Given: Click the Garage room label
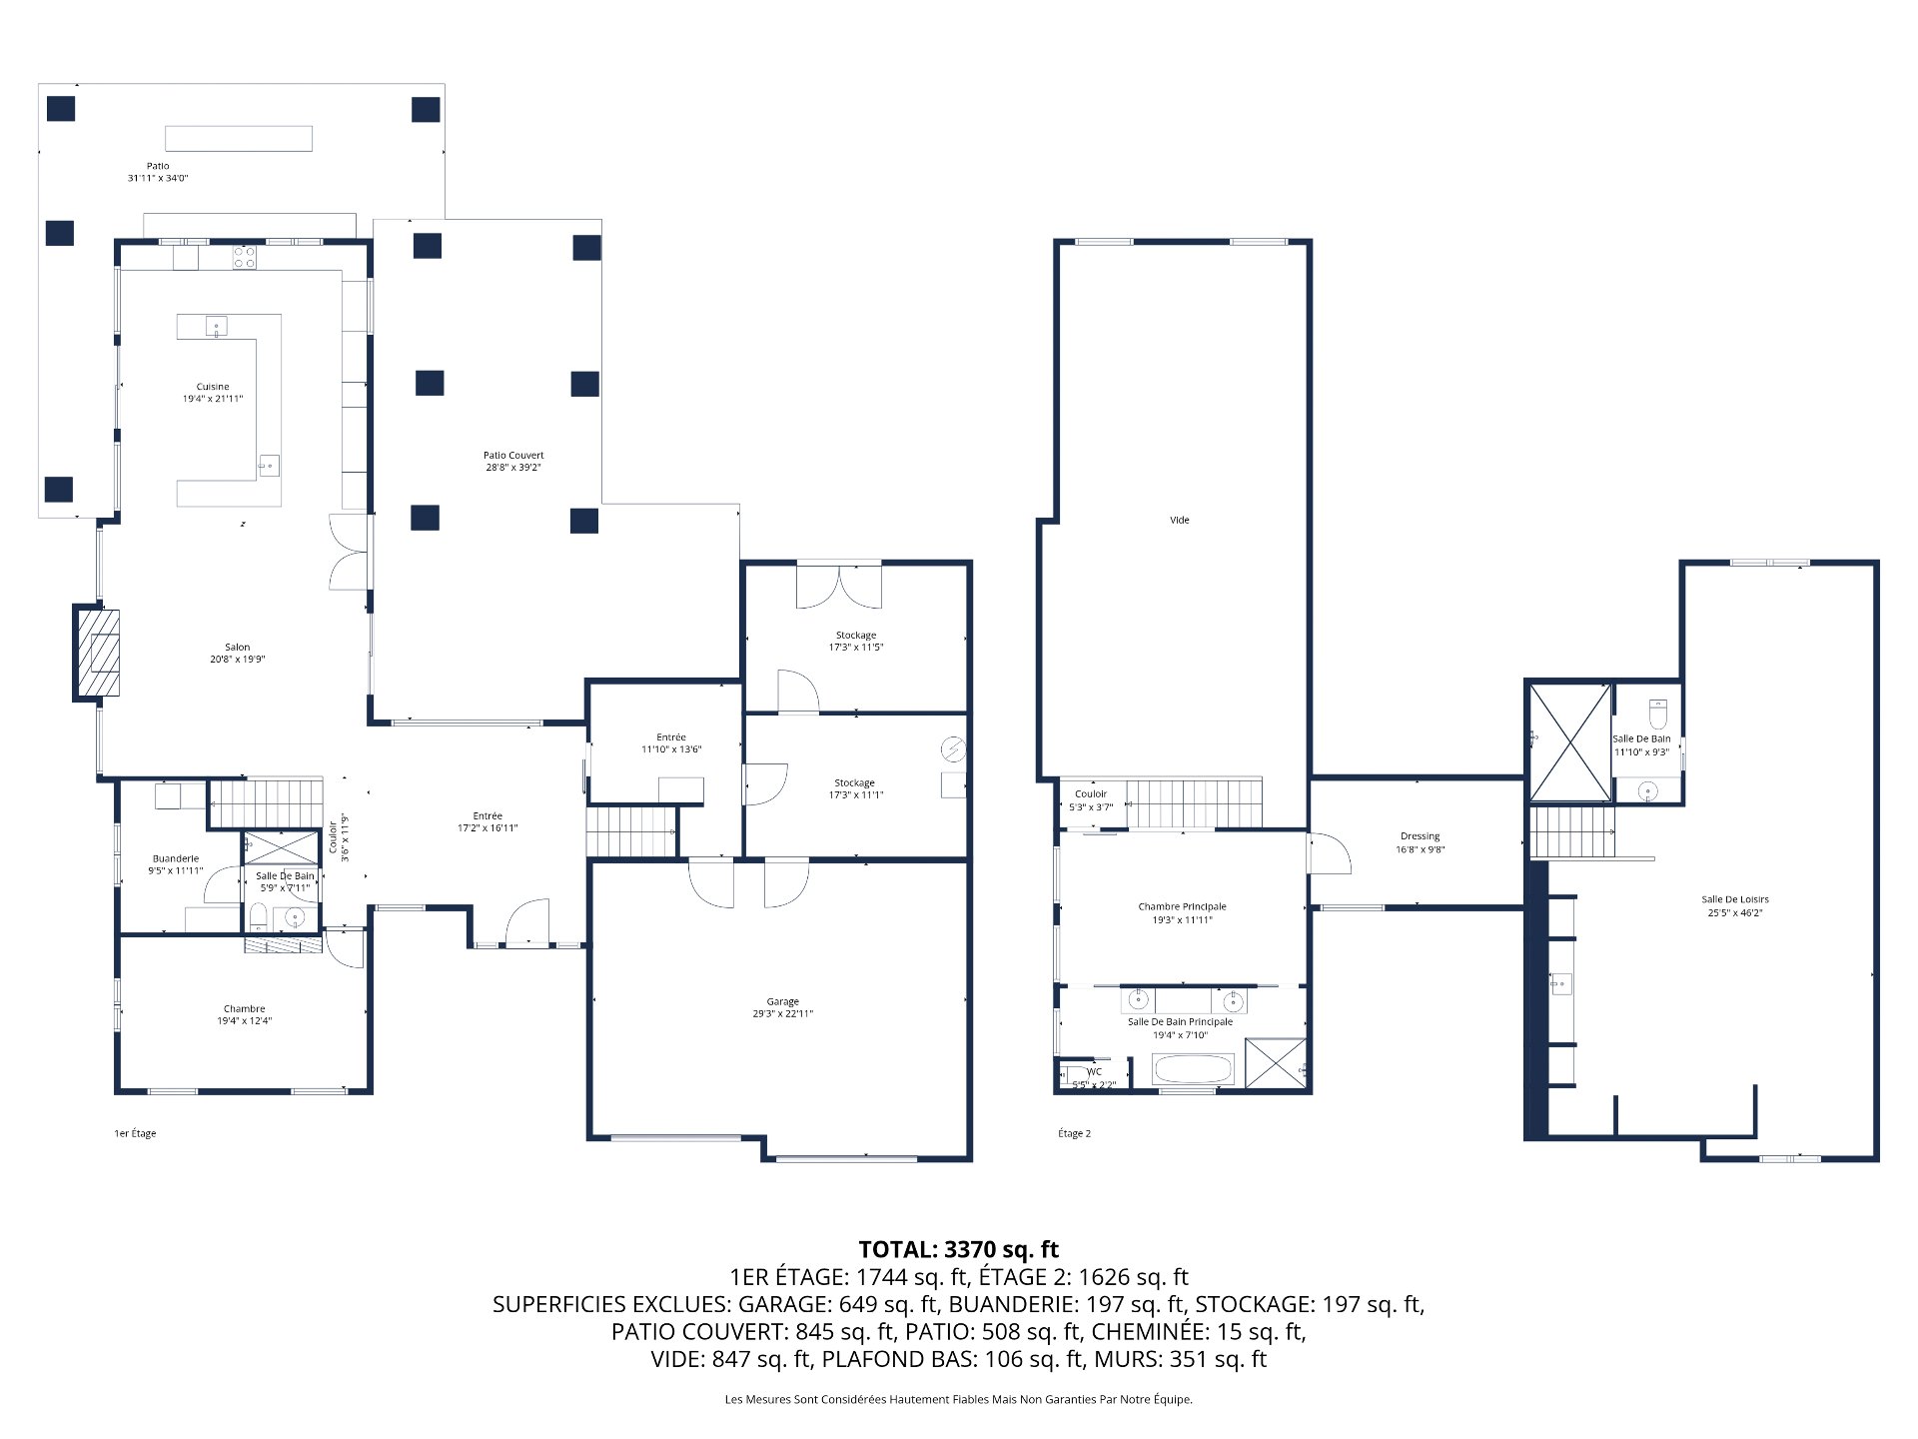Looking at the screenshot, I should [783, 1007].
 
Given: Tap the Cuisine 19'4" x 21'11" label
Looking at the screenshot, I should [213, 393].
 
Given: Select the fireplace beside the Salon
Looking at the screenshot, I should [98, 653].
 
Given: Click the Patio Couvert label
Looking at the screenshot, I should [513, 461].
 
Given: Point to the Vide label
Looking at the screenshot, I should [1180, 520].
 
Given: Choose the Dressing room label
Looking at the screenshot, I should [1420, 842].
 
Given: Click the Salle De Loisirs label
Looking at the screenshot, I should [1735, 905].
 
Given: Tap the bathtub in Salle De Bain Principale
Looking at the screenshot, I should [1195, 1070].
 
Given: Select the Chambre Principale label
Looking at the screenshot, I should [1182, 913].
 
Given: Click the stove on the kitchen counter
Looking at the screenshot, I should [245, 258].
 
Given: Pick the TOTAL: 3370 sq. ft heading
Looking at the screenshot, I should [958, 1249].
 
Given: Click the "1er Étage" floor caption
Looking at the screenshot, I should [135, 1133].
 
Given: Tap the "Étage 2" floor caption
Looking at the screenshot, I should [1074, 1133].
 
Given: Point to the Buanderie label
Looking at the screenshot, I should [176, 864].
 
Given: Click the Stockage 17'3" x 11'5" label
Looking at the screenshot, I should [856, 641].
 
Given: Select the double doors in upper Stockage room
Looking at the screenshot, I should [839, 587].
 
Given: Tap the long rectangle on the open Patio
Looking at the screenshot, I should [239, 138].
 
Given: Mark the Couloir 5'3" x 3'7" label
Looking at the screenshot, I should [1091, 800].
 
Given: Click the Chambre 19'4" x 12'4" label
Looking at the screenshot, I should [245, 1014].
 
